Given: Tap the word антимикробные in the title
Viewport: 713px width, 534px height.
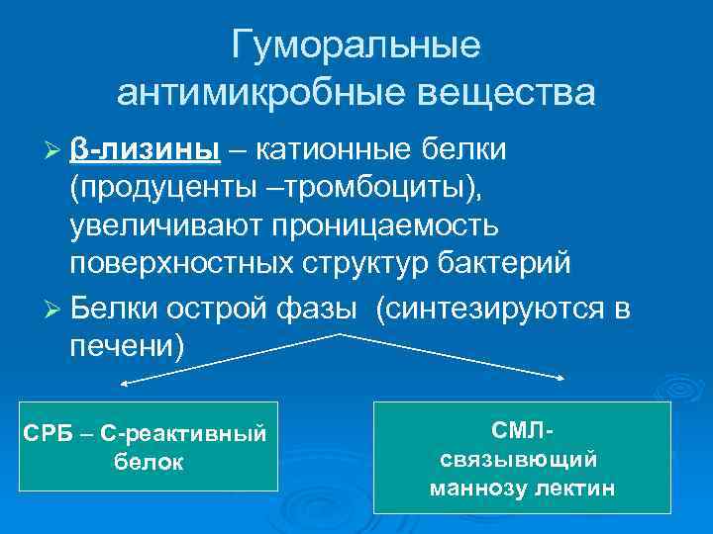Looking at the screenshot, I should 255,95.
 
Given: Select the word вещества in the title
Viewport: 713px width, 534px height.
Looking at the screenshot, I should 500,95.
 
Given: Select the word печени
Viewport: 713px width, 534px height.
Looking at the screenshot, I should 123,347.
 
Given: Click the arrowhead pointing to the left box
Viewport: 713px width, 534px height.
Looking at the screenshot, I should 124,383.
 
